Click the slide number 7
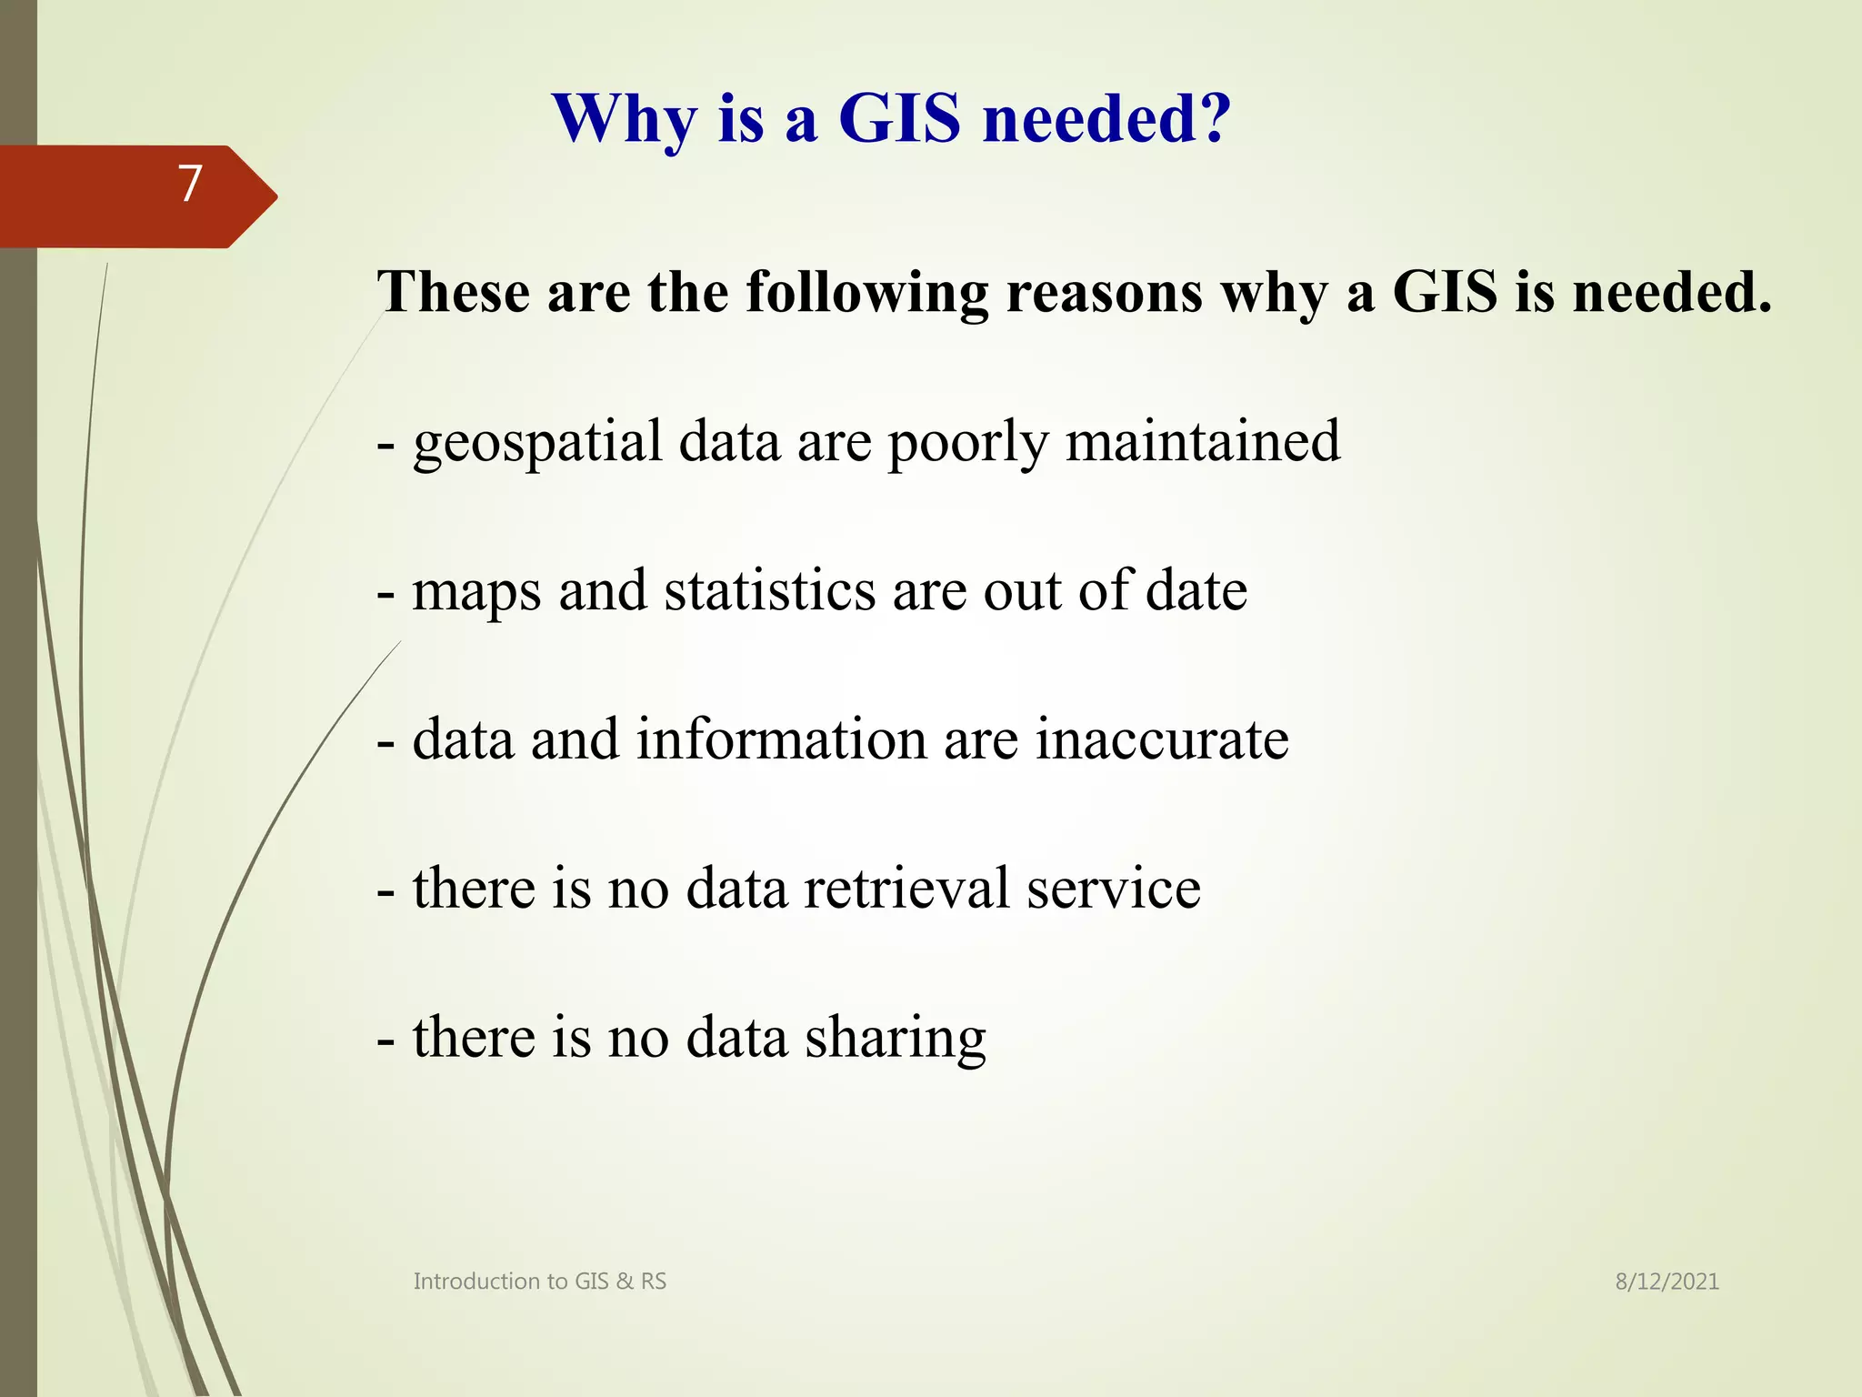(x=189, y=184)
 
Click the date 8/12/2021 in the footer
(x=1667, y=1281)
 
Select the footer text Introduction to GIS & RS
(x=539, y=1281)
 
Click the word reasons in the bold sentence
(x=1105, y=293)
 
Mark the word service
(x=1114, y=888)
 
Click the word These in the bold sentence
(x=454, y=293)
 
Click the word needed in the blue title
(x=1096, y=118)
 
